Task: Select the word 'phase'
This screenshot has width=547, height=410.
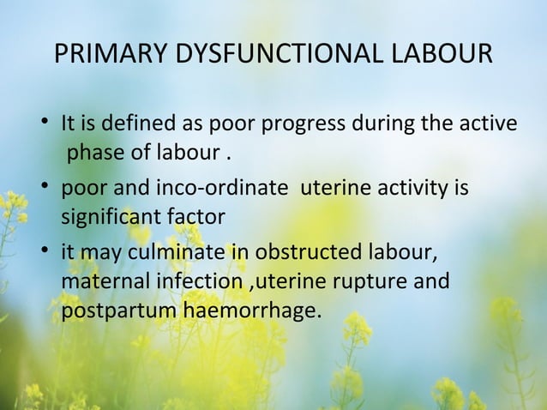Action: coord(92,154)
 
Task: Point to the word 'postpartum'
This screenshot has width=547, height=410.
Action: coord(118,311)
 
